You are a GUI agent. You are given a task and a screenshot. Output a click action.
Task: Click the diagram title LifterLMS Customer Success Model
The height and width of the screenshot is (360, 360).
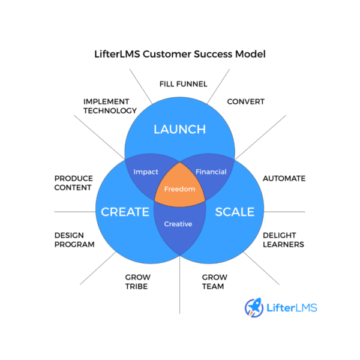(180, 54)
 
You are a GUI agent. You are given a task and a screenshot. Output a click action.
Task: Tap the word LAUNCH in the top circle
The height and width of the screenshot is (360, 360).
(179, 130)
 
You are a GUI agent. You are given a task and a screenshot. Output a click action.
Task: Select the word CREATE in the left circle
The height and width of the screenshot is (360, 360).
(125, 212)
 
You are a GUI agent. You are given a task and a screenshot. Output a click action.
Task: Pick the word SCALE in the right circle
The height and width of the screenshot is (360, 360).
(235, 212)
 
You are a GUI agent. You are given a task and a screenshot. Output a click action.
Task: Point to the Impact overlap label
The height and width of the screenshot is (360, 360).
(146, 172)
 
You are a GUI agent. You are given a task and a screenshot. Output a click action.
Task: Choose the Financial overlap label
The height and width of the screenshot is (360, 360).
(211, 172)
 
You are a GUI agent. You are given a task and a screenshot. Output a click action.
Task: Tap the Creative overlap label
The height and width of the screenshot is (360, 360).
(178, 224)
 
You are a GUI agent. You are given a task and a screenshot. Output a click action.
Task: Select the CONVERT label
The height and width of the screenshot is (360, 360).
(245, 101)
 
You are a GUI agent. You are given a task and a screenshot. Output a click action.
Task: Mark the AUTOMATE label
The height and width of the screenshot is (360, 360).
(284, 178)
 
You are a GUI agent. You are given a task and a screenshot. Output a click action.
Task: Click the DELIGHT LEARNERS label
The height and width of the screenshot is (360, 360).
(283, 239)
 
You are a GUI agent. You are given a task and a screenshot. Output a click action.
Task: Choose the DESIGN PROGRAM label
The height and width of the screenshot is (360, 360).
(74, 239)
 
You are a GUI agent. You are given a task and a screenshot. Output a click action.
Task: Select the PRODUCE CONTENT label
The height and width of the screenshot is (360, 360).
(73, 182)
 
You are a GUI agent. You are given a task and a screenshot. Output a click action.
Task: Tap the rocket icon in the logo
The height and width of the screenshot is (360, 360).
(254, 308)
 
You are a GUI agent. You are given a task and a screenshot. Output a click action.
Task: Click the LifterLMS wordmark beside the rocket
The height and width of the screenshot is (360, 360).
(292, 308)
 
